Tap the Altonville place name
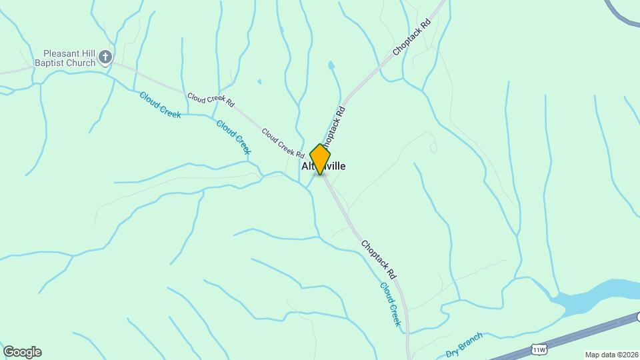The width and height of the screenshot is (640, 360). [325, 166]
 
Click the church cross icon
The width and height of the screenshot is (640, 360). [105, 58]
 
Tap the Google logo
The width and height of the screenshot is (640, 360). [22, 352]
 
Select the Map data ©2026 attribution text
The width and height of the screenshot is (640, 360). [611, 355]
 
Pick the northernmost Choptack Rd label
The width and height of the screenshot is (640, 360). [411, 37]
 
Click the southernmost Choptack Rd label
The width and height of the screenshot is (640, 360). [379, 259]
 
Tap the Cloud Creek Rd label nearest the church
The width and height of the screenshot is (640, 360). [211, 100]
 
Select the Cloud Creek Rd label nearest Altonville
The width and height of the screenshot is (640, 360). [283, 143]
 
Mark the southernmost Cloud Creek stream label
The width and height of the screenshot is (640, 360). [391, 304]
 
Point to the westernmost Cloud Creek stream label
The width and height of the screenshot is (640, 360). [160, 105]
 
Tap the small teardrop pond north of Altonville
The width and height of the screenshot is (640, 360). [331, 65]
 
